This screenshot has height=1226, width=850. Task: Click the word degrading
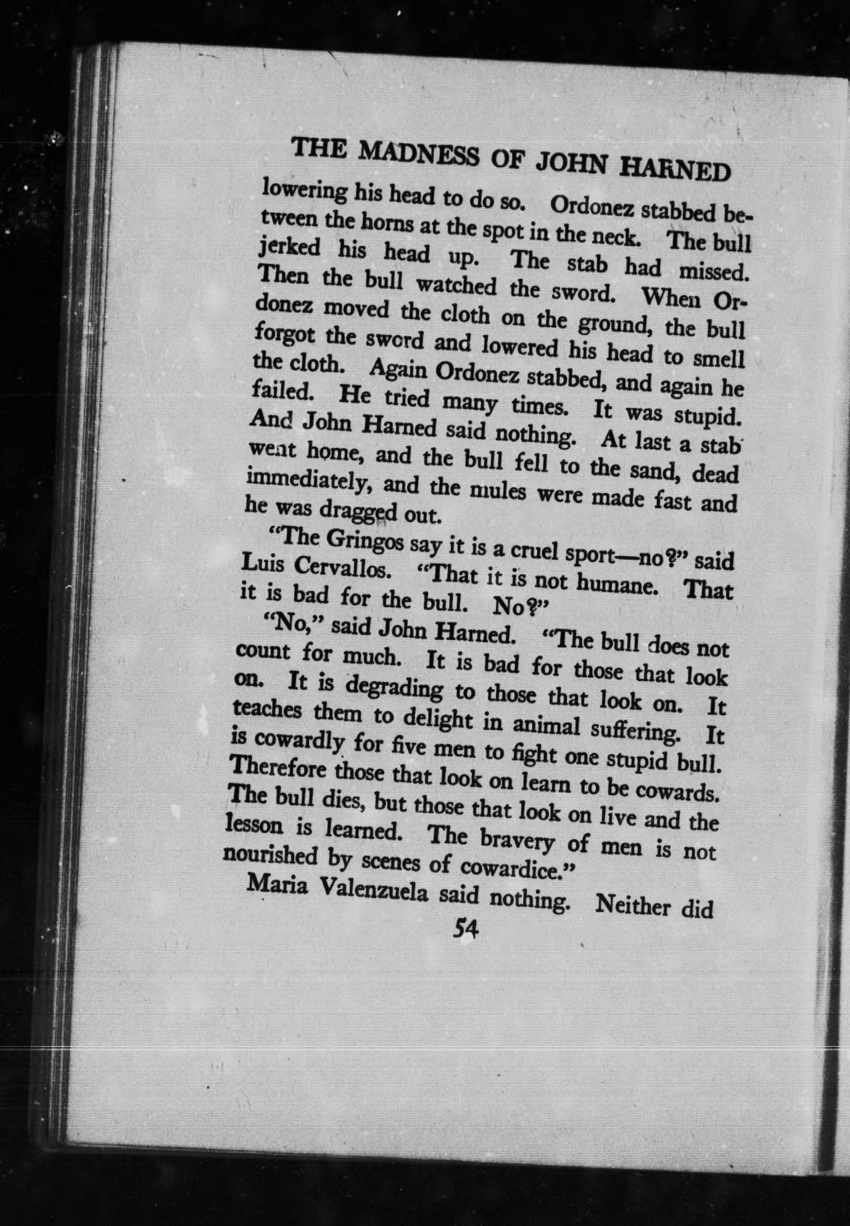(394, 688)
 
